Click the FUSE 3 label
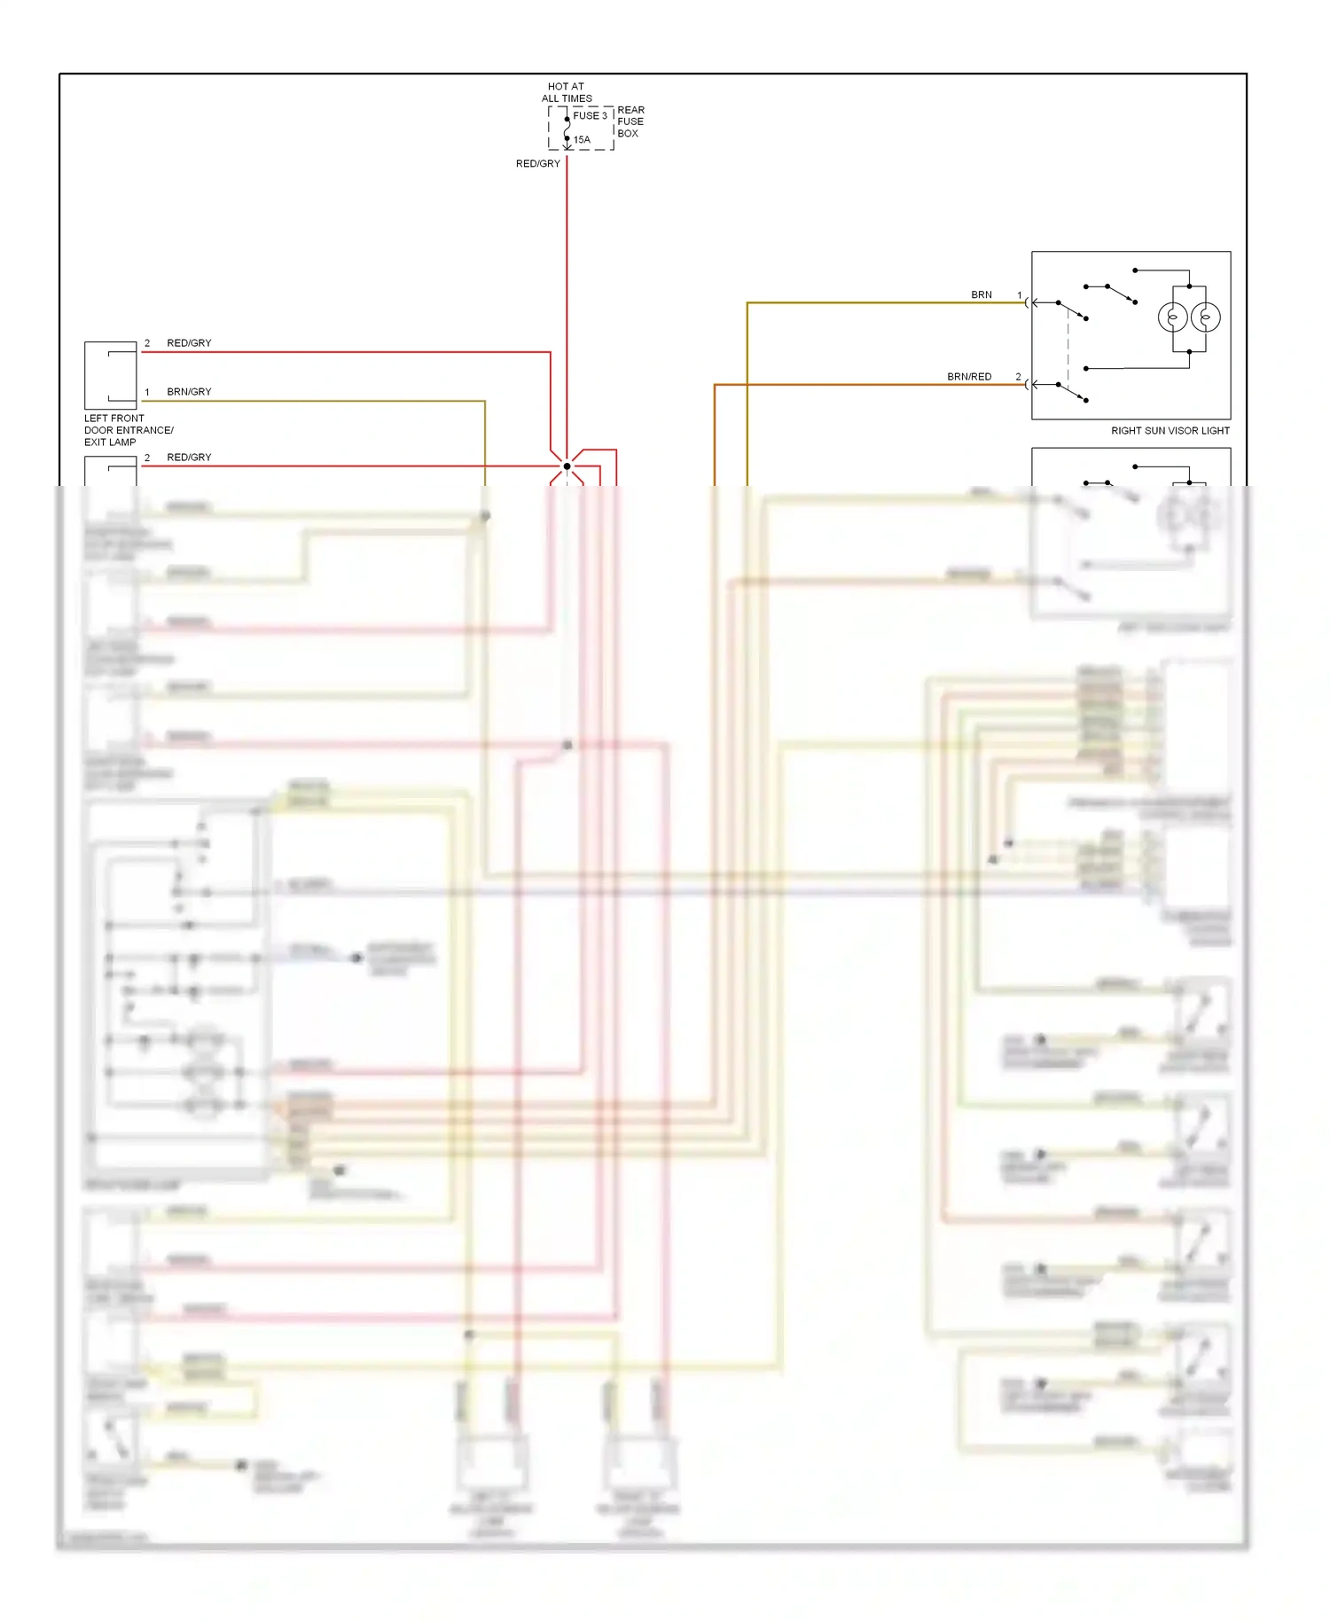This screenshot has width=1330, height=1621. [x=590, y=115]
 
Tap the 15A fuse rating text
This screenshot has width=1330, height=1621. [x=582, y=139]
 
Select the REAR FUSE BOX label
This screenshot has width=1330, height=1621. [x=630, y=121]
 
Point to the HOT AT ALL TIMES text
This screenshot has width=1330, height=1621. [x=567, y=92]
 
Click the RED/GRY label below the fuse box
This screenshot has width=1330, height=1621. [x=537, y=163]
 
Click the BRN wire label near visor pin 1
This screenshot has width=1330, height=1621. [x=981, y=294]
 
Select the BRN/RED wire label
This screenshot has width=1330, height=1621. [x=968, y=377]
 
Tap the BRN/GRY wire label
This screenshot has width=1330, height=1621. [x=189, y=391]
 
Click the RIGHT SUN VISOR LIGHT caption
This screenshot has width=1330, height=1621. [x=1170, y=431]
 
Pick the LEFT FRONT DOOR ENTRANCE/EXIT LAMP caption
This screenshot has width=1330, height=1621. [x=128, y=430]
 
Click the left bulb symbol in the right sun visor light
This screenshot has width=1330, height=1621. [x=1172, y=317]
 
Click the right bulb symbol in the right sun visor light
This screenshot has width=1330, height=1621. [x=1206, y=317]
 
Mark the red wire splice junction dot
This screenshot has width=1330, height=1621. [x=567, y=466]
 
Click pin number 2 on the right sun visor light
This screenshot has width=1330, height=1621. [x=1018, y=377]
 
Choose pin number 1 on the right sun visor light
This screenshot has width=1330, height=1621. [x=1020, y=295]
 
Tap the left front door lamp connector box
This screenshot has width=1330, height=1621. [x=110, y=375]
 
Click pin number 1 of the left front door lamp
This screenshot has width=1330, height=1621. [x=147, y=391]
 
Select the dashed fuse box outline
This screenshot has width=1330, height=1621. [x=581, y=129]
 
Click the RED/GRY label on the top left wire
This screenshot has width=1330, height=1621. [x=189, y=342]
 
